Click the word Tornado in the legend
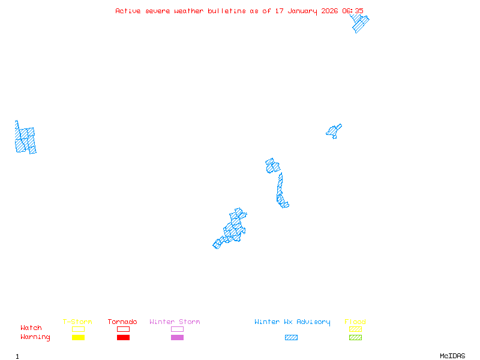click(122, 322)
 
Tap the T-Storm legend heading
click(77, 322)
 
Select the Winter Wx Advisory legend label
click(292, 322)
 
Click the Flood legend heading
click(355, 322)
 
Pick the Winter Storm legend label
click(175, 322)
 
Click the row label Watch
click(31, 328)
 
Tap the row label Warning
click(35, 337)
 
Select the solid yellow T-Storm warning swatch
click(78, 338)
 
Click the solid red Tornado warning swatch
click(123, 338)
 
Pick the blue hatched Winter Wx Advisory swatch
click(291, 338)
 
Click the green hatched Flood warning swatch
click(355, 338)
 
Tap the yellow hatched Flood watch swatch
click(355, 329)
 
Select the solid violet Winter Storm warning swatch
click(177, 338)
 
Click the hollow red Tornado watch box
click(123, 329)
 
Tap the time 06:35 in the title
click(353, 11)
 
